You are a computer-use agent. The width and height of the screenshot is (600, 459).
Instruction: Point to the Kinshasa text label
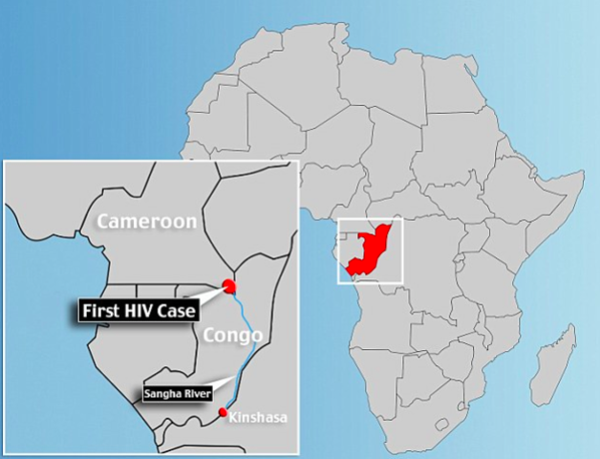pyautogui.click(x=259, y=418)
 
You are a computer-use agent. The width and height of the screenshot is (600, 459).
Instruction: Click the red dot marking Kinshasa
pyautogui.click(x=224, y=413)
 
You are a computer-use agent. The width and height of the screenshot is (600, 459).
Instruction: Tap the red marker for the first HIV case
pyautogui.click(x=229, y=285)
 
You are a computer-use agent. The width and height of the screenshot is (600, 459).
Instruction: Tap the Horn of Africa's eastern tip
pyautogui.click(x=582, y=176)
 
